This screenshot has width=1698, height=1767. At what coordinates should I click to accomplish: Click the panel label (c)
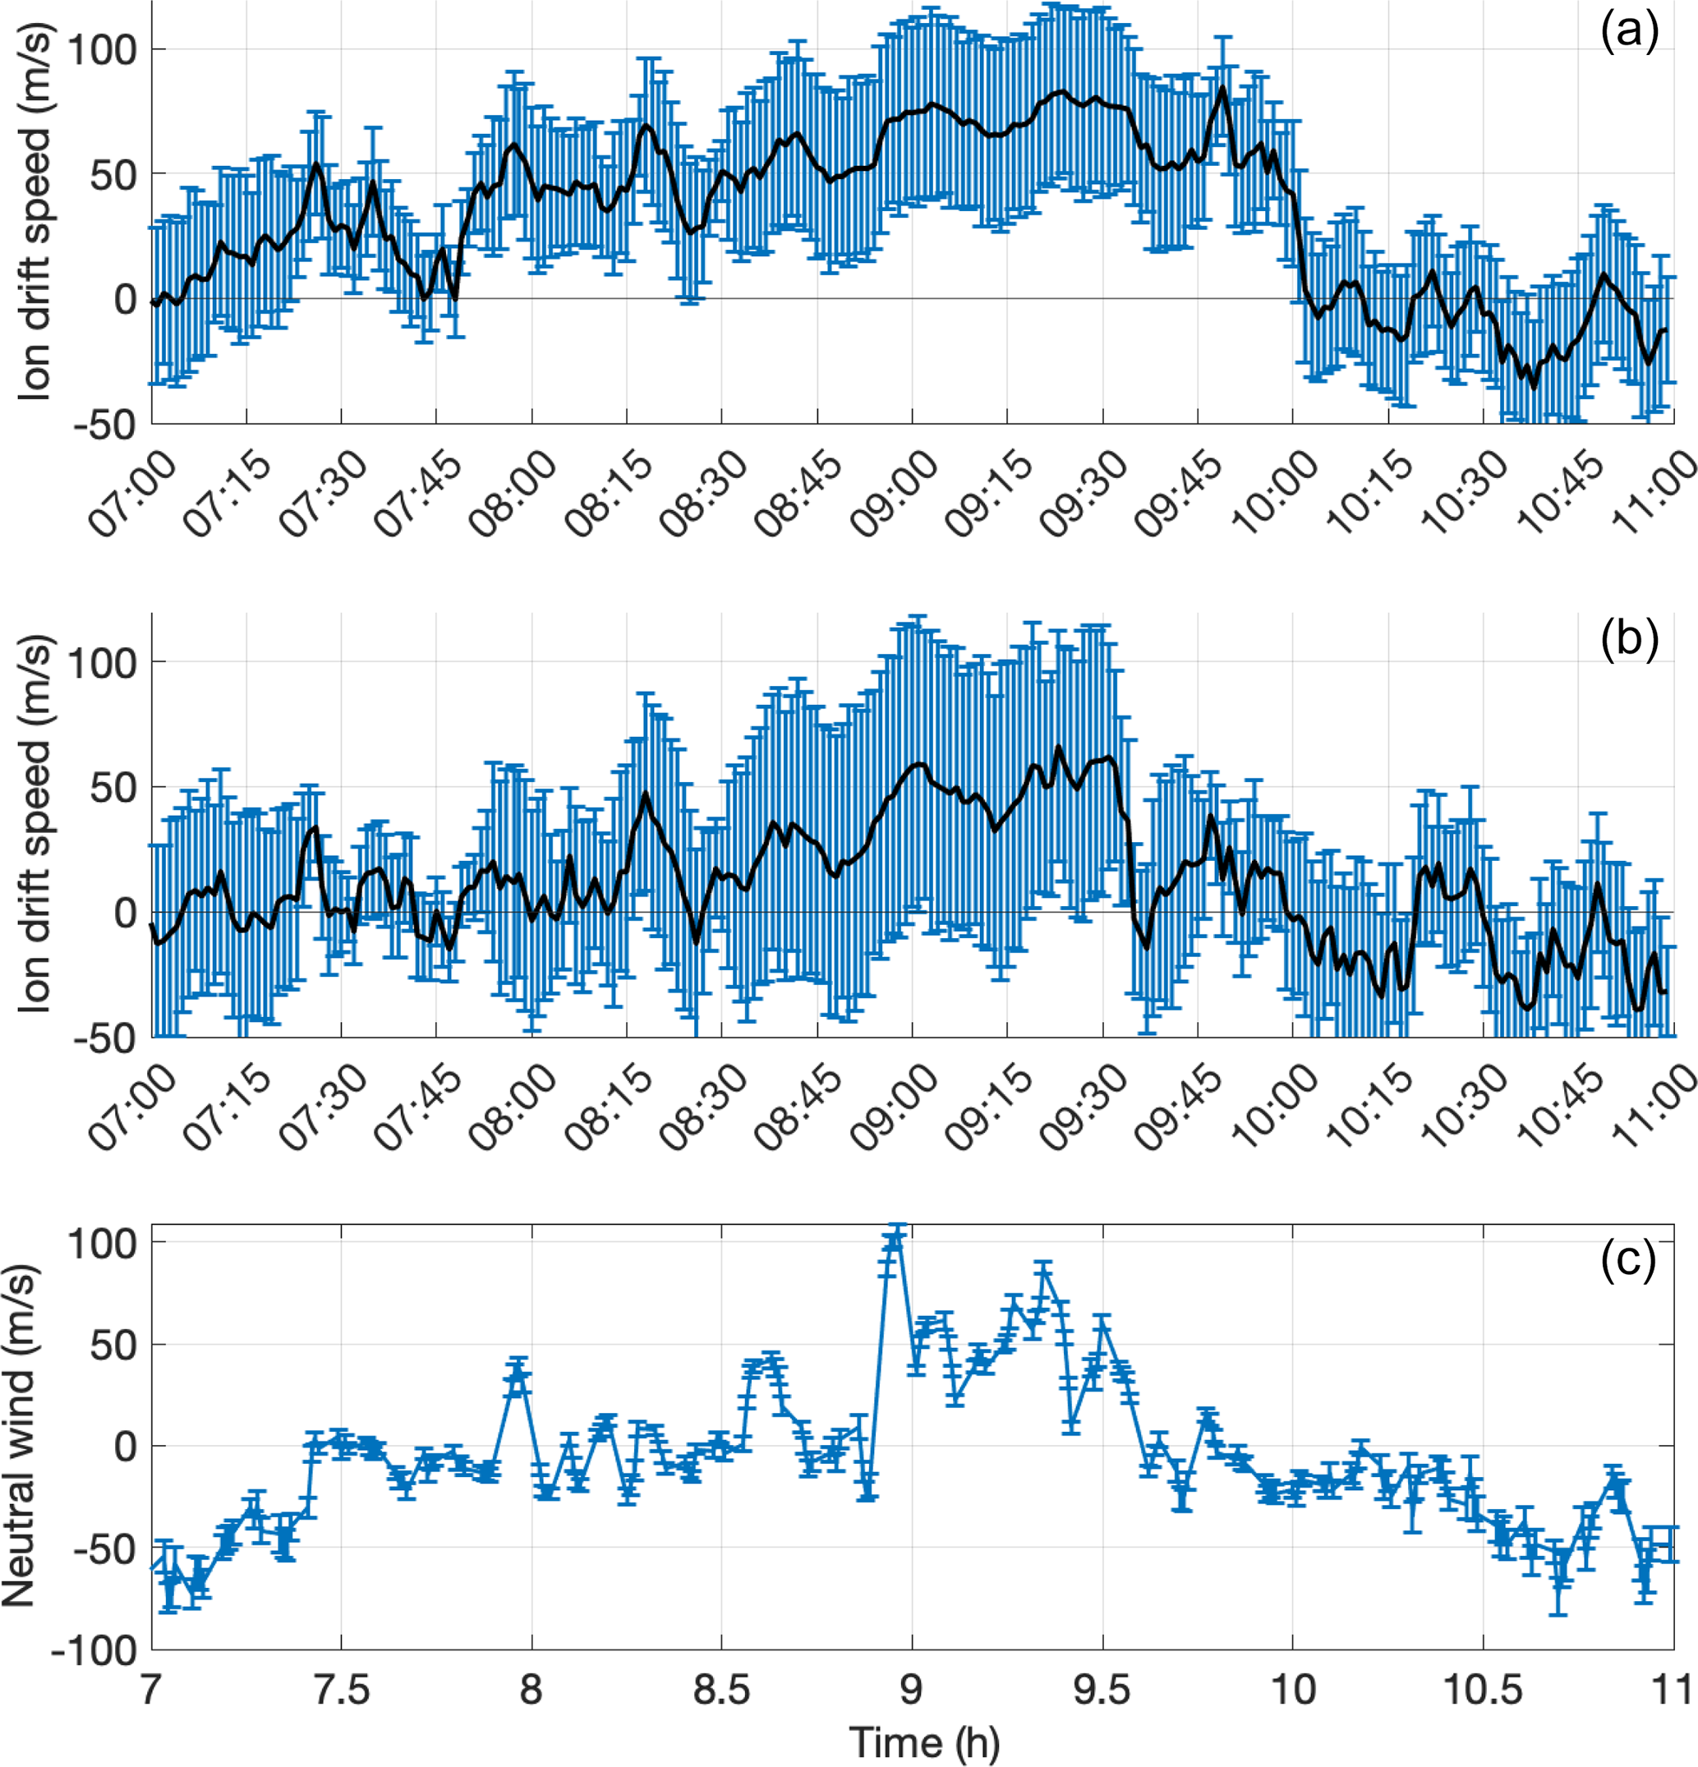(1628, 1259)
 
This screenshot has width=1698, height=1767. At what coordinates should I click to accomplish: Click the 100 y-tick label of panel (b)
(101, 663)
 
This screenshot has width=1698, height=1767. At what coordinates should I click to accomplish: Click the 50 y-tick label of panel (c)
(113, 1345)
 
